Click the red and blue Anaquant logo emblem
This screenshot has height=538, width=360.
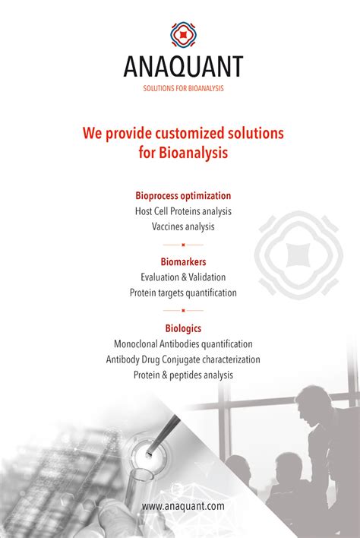coord(184,35)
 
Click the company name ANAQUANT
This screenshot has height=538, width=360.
coord(184,67)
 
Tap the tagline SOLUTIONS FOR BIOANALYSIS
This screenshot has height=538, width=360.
coord(184,88)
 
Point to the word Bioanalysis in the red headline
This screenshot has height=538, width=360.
coord(194,152)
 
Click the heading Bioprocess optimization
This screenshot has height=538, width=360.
coord(184,196)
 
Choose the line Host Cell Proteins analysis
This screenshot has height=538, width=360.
coord(184,211)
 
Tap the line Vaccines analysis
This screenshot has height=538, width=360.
coord(184,226)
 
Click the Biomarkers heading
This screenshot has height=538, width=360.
coord(184,262)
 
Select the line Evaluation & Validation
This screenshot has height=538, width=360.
coord(184,277)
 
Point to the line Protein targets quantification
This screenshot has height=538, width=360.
coord(184,293)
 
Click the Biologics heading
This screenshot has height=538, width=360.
coord(184,328)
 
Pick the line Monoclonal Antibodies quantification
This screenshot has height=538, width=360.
coord(184,343)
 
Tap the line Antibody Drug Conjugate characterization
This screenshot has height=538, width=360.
coord(184,359)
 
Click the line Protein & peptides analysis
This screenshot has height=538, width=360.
coord(184,375)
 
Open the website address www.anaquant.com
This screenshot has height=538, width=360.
coord(184,506)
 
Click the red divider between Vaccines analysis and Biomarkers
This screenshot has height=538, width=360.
coord(184,245)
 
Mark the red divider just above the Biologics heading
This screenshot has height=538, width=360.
coord(184,311)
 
